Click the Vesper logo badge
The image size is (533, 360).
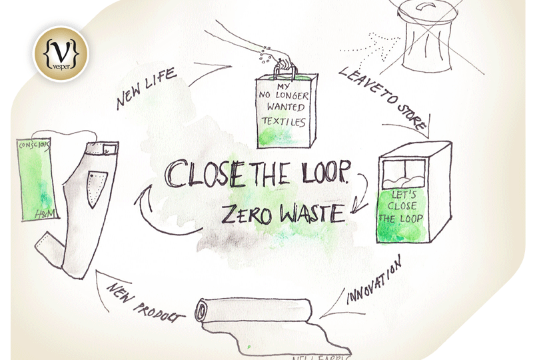point(60,51)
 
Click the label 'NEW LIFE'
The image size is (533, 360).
point(147,88)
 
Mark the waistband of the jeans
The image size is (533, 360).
point(100,145)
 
